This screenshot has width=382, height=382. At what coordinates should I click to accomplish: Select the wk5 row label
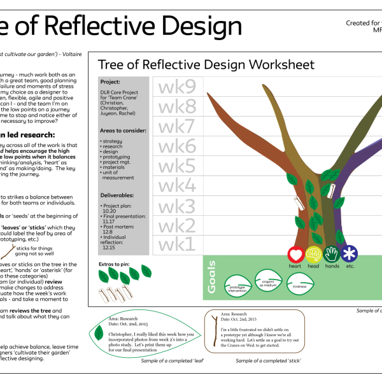click(177, 166)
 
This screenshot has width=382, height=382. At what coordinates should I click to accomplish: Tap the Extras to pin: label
click(117, 263)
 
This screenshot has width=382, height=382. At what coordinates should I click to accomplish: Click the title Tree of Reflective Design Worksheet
click(206, 65)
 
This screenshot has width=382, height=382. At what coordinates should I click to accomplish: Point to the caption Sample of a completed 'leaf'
click(172, 361)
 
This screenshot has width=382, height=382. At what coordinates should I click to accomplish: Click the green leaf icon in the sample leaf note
click(99, 332)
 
